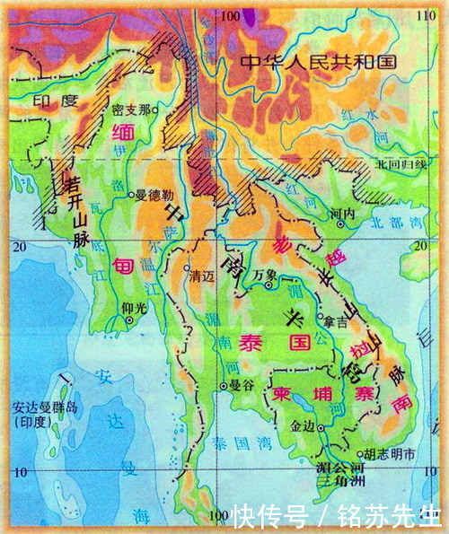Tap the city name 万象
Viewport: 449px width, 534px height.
(x=263, y=274)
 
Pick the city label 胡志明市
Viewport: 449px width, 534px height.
(x=387, y=455)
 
